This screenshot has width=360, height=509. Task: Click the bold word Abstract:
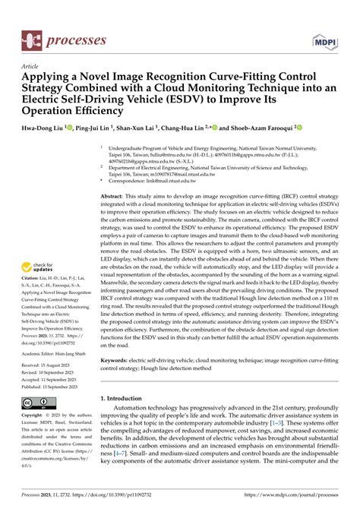[x=114, y=195]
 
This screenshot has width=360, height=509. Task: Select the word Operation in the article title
[x=53, y=109]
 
